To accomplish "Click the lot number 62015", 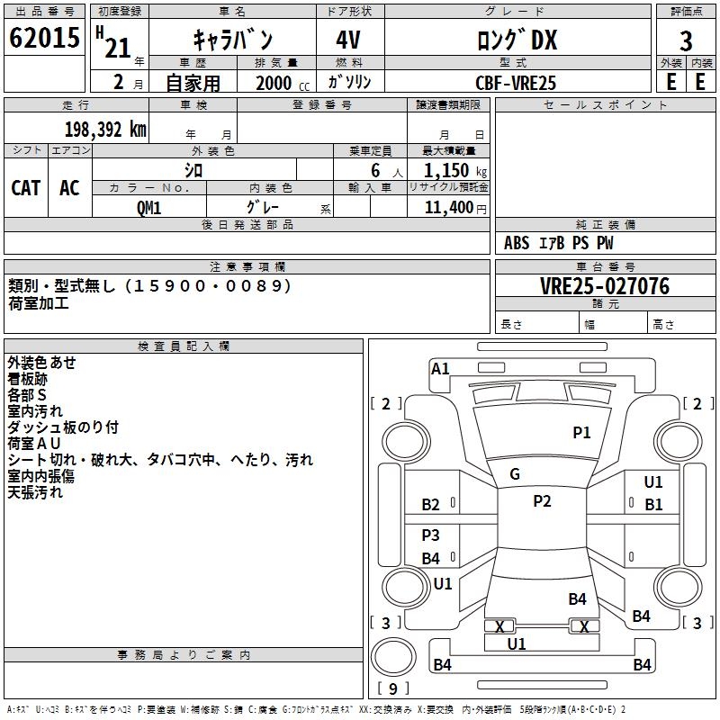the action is [x=44, y=38].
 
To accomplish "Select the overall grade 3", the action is [x=686, y=40].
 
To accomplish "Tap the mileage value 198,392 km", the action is [x=105, y=130].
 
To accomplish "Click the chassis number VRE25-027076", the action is [x=605, y=286].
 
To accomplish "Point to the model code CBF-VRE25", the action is [x=516, y=83].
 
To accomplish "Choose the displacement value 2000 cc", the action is [x=283, y=83].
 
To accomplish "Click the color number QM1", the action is [x=148, y=208].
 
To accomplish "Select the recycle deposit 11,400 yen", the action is [x=455, y=208].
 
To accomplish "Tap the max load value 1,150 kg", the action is [x=455, y=171].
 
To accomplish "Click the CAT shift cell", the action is [x=26, y=188].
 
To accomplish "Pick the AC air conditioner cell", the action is [x=69, y=188].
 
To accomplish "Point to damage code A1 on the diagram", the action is [x=440, y=369].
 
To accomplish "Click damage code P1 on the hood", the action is [x=581, y=433].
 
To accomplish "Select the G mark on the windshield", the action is [x=515, y=474].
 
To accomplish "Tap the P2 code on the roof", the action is [x=542, y=501].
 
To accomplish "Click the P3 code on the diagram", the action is [x=431, y=535].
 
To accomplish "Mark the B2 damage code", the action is [x=431, y=505].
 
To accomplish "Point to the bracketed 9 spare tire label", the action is [x=393, y=688].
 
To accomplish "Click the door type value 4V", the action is [x=348, y=40].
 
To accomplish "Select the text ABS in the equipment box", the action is [x=517, y=243].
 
